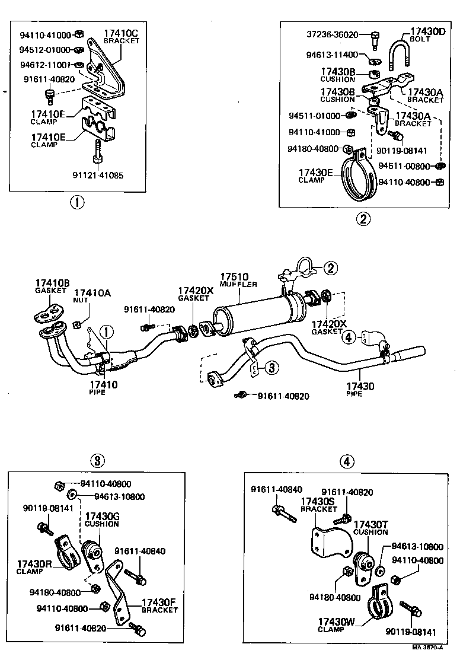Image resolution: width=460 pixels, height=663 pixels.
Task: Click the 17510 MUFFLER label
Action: (x=238, y=280)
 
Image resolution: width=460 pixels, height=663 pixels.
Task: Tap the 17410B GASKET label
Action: (x=52, y=287)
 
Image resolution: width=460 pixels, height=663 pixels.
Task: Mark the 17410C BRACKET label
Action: (x=122, y=37)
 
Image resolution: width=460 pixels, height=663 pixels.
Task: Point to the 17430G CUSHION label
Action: (x=103, y=520)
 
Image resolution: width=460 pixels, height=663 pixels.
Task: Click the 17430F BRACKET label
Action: (x=159, y=606)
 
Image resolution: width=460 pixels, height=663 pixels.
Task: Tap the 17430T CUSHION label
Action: (x=371, y=528)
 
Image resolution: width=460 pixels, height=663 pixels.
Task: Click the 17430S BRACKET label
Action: (x=318, y=505)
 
